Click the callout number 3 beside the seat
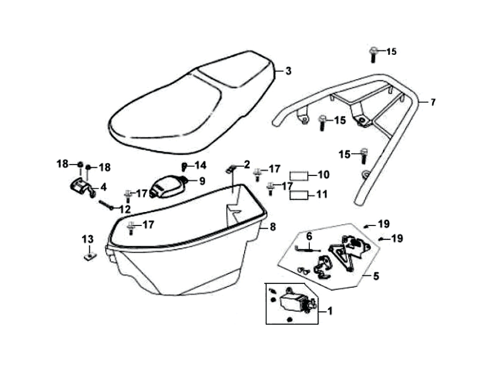point(289,71)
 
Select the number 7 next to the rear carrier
point(433,102)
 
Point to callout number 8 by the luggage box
point(273,227)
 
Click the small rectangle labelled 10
point(300,175)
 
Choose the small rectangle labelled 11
point(300,195)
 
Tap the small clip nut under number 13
point(88,256)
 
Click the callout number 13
point(88,238)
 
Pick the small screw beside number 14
point(183,166)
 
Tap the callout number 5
point(376,276)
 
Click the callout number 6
point(309,236)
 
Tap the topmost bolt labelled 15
point(373,54)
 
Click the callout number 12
point(124,209)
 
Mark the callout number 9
point(202,181)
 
